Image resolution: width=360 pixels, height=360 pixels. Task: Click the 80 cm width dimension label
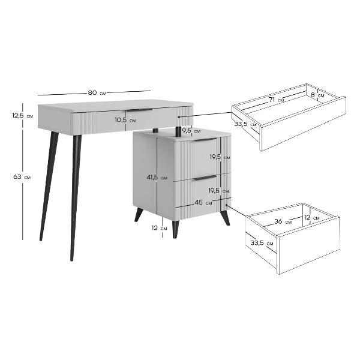coord(97,93)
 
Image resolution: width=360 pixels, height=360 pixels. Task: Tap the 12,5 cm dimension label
coord(23,115)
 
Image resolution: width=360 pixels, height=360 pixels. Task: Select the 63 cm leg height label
coord(22,177)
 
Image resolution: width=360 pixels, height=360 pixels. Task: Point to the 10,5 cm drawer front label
coord(125,120)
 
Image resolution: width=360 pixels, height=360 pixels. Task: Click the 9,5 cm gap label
coord(191,131)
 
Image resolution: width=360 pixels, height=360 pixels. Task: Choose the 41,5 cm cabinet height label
coord(157,177)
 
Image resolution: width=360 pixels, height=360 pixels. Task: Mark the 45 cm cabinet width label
coord(203,203)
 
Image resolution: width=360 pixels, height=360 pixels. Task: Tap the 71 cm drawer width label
coord(276,100)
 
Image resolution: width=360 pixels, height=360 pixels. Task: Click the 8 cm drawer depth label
coord(317,95)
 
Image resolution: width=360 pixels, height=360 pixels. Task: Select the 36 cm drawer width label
coord(283,221)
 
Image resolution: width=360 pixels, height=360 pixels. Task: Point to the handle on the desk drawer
coord(139,110)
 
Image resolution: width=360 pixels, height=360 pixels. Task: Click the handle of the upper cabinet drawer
coord(205,140)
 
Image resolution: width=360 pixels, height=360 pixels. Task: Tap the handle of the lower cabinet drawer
coord(205,178)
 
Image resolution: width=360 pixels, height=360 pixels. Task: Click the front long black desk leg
coord(76,198)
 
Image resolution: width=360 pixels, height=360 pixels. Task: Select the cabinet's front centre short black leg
coord(175,229)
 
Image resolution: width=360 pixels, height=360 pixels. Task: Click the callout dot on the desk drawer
coord(179,117)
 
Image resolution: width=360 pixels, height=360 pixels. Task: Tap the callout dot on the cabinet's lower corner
coord(227,205)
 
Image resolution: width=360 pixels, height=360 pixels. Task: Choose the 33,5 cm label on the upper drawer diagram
coord(245,124)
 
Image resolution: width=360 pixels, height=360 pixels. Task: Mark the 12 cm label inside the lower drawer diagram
coord(312,217)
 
